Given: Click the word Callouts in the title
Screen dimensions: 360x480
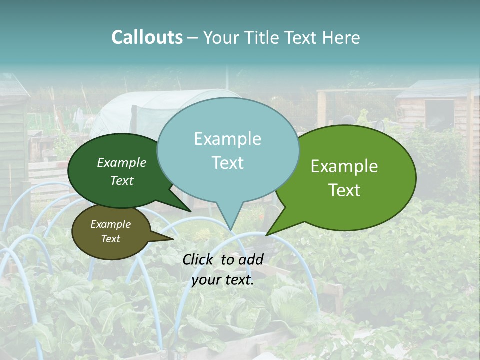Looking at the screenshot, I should coord(147,37).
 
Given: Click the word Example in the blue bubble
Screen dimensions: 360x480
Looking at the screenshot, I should coord(227,139).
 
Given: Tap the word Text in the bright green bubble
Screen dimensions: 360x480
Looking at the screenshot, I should coord(344,190).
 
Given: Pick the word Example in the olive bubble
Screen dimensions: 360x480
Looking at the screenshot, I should coord(110,224).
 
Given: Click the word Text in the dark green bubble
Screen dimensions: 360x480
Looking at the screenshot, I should coord(122,180).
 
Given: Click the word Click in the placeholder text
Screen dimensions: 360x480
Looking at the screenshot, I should coord(198,259).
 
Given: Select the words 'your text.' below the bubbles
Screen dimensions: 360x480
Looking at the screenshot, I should coord(222,280).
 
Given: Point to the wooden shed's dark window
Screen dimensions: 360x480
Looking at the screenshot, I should coord(439,115).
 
